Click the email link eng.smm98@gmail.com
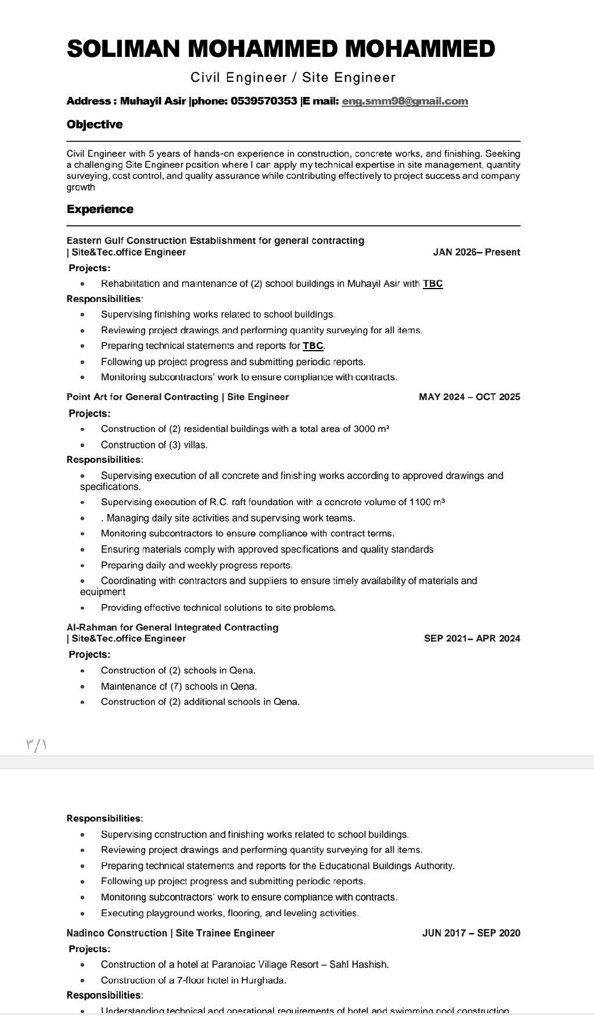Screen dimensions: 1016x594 pos(405,101)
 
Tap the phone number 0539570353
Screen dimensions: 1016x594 pos(264,101)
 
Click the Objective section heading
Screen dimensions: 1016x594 pos(95,124)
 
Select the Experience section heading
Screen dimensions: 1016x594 pos(100,209)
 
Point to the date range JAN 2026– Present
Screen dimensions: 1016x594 pos(476,252)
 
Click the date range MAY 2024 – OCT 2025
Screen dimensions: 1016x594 pos(469,397)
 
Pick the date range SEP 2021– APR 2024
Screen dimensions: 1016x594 pos(472,639)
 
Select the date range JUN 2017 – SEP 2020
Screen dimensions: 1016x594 pos(471,933)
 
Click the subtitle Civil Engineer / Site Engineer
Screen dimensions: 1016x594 pos(294,77)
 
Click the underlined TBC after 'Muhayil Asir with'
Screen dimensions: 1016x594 pos(433,284)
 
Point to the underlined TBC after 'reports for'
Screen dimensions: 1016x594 pos(313,346)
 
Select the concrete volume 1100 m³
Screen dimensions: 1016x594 pos(427,502)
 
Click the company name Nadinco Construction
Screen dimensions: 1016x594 pos(117,933)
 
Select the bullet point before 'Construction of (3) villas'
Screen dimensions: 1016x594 pos(83,445)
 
